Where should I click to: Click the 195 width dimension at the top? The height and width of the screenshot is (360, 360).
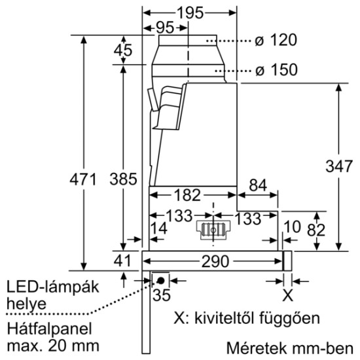tap(190, 12)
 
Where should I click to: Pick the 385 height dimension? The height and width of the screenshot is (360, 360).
tap(122, 179)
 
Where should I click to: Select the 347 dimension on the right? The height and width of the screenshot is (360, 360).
tap(338, 166)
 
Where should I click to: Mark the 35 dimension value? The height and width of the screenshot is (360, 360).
tap(161, 295)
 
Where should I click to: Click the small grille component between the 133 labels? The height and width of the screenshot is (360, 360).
tap(213, 230)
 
